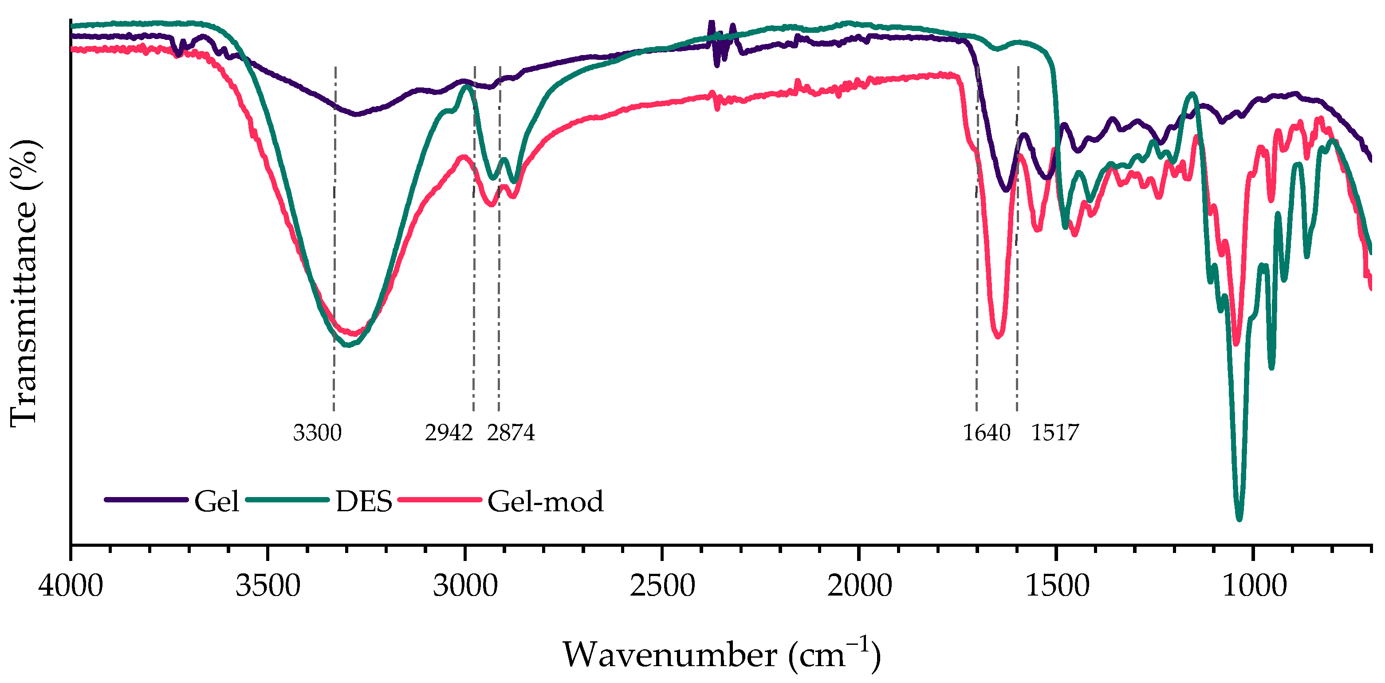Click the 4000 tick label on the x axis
click(71, 586)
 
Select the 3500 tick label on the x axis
click(268, 586)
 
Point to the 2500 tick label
click(662, 586)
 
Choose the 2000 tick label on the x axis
click(859, 586)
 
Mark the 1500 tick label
click(1057, 586)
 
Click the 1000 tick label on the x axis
click(1254, 586)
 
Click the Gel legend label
click(216, 502)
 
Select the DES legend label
click(364, 502)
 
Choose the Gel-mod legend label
click(545, 502)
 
